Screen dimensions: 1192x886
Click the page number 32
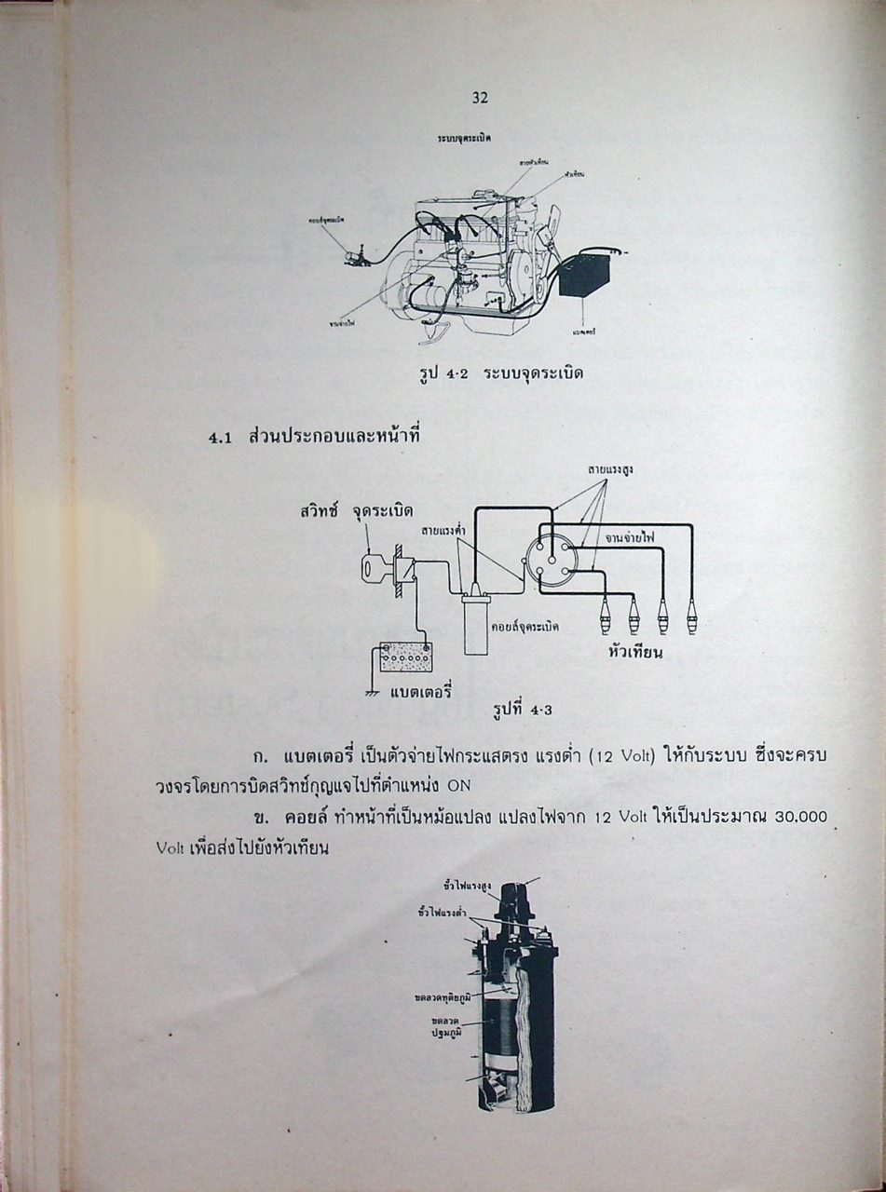tap(481, 98)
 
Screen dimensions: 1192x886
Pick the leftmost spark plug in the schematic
tap(607, 616)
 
